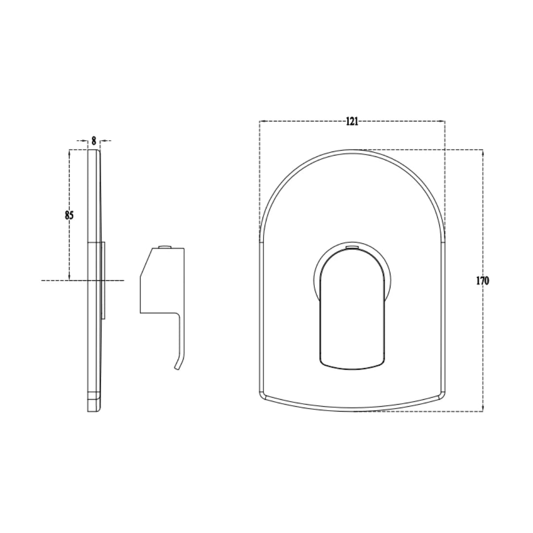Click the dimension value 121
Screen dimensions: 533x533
[x=352, y=121]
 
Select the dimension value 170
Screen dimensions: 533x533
[x=482, y=281]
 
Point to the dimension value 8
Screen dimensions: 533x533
[x=94, y=141]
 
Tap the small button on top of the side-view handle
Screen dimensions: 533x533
[x=165, y=246]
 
